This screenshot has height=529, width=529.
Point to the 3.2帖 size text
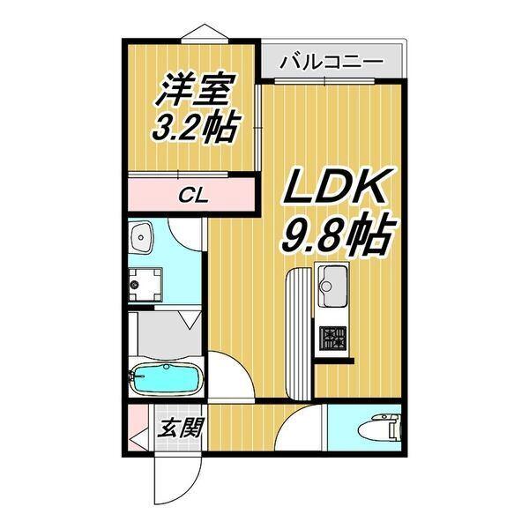(196, 129)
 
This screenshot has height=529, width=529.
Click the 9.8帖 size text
(338, 234)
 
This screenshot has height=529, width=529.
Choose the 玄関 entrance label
(181, 428)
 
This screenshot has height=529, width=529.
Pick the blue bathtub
(163, 381)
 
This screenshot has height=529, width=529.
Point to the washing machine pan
(143, 285)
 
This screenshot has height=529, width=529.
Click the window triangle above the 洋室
(205, 31)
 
